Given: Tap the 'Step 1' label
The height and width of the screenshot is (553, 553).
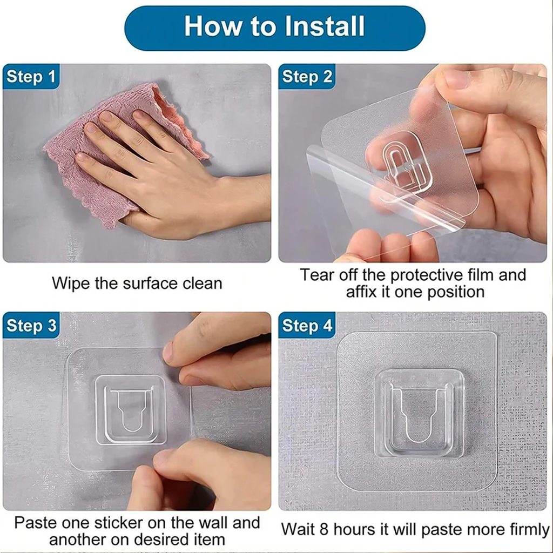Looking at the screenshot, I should pos(31,77).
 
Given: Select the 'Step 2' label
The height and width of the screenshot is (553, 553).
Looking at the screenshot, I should pos(307,77).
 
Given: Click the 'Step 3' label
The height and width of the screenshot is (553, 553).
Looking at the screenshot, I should pos(31,326).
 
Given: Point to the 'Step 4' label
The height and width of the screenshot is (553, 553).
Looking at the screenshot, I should pos(307,326).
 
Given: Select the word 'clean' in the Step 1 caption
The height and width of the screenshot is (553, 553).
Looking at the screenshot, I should pos(200,283).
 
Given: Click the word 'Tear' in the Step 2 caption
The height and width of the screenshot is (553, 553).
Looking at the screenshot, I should pos(318,275).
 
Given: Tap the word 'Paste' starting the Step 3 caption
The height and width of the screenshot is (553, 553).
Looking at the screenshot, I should pos(35,523).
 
